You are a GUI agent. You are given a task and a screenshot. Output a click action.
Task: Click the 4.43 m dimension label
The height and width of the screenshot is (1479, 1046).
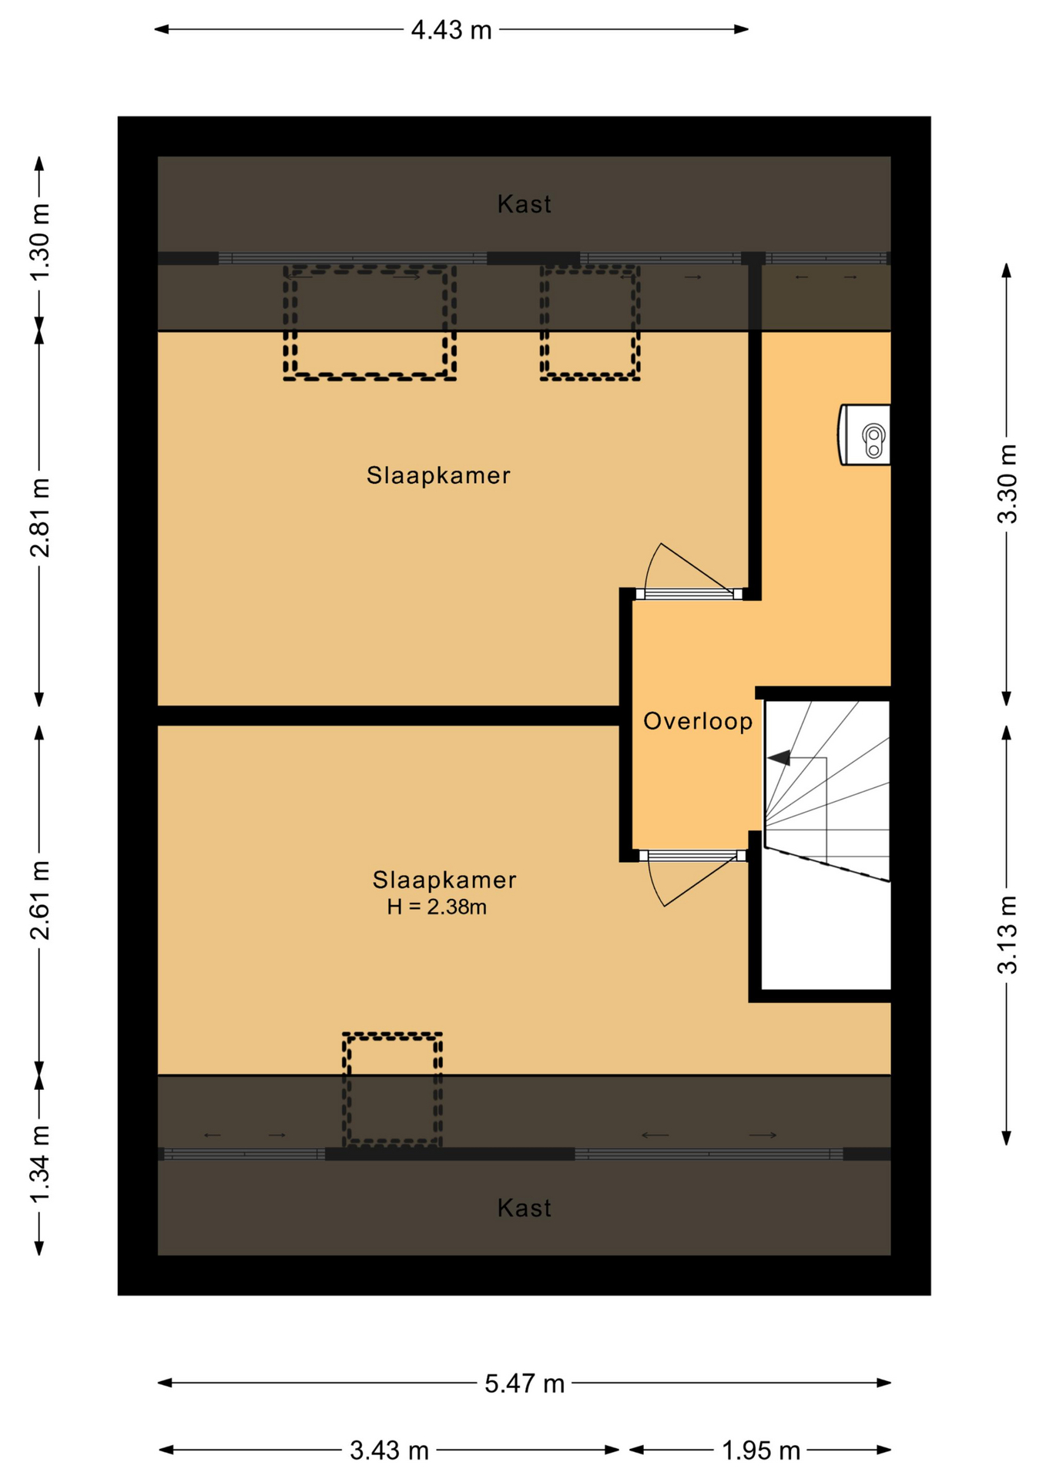(451, 30)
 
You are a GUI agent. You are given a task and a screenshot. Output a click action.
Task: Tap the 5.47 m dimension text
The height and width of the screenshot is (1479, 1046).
(525, 1383)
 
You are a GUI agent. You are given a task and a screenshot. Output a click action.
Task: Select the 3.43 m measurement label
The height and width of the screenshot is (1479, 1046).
(389, 1450)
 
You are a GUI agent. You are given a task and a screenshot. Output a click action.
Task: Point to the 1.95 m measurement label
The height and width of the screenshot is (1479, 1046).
(761, 1450)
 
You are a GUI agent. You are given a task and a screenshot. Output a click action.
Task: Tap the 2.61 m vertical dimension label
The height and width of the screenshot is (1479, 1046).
(39, 900)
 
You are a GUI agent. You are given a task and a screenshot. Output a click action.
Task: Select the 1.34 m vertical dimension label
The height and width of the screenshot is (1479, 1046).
(39, 1163)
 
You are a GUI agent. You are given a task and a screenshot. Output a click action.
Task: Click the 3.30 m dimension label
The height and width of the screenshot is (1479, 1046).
(1007, 484)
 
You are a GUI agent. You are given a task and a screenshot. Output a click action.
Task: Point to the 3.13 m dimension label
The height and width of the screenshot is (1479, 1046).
(1007, 935)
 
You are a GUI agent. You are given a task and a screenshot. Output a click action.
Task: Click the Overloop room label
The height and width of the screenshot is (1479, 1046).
(698, 722)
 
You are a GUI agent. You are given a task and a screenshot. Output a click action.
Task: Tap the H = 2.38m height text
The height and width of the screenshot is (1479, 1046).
(437, 907)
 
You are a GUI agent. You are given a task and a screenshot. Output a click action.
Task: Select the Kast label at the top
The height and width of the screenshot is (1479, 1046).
(525, 204)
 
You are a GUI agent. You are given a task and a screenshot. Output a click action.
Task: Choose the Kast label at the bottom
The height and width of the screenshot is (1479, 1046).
(525, 1208)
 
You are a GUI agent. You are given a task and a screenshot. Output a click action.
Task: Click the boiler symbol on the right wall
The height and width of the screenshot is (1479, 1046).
(865, 434)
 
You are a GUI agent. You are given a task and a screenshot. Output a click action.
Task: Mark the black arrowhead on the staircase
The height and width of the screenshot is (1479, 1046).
(779, 758)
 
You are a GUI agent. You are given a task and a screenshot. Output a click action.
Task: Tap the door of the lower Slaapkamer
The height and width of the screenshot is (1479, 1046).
(692, 877)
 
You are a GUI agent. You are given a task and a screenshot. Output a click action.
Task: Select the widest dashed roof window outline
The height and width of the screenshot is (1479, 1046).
(370, 323)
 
